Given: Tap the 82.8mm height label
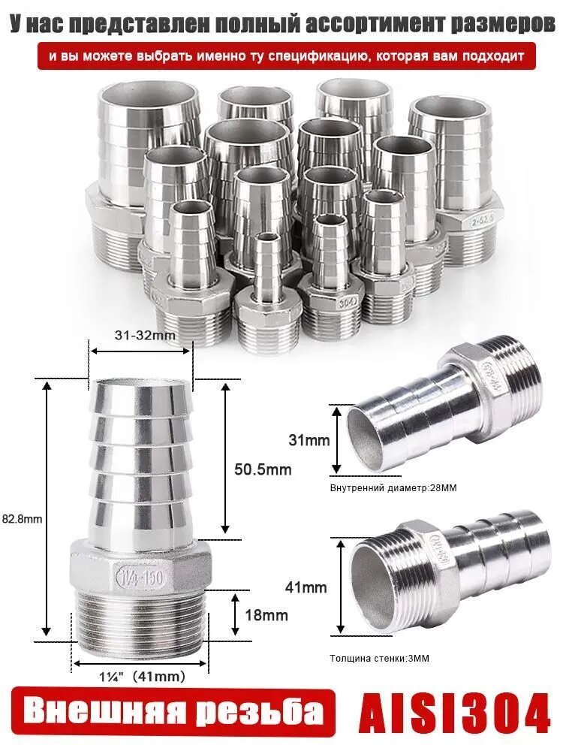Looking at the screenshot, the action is [x=22, y=518].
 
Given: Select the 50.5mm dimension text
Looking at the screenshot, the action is [x=263, y=469].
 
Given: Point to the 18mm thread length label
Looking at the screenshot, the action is [x=266, y=615].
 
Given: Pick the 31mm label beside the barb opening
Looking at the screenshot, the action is [x=309, y=439].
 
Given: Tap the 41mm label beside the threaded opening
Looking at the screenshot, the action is [x=306, y=587].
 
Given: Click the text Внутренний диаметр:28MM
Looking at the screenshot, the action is [x=393, y=488].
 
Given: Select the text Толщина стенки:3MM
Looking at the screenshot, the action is [x=379, y=659].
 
